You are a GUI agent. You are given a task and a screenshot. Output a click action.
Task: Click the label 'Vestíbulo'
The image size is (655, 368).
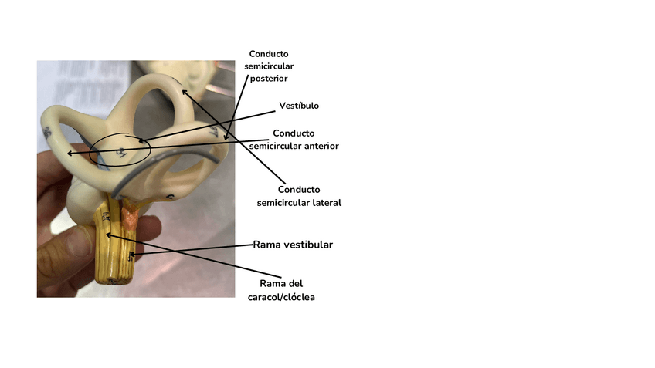tap(298, 106)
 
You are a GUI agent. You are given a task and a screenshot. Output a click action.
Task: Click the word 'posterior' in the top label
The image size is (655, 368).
tap(269, 78)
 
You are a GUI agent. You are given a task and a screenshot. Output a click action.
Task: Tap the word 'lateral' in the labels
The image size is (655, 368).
tap(324, 202)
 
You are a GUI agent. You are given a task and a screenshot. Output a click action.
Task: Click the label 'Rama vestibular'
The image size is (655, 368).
tap(293, 245)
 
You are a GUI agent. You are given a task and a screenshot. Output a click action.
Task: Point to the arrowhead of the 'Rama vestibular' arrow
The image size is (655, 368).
tap(132, 254)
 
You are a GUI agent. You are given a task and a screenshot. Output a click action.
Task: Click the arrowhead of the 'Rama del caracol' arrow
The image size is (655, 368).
tap(107, 233)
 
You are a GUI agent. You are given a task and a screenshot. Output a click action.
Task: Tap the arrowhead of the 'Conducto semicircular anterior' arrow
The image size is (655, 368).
tap(69, 154)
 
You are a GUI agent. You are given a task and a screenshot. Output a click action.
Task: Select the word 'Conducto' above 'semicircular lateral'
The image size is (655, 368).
tap(299, 189)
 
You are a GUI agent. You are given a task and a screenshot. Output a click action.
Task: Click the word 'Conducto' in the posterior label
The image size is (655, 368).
tap(269, 54)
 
